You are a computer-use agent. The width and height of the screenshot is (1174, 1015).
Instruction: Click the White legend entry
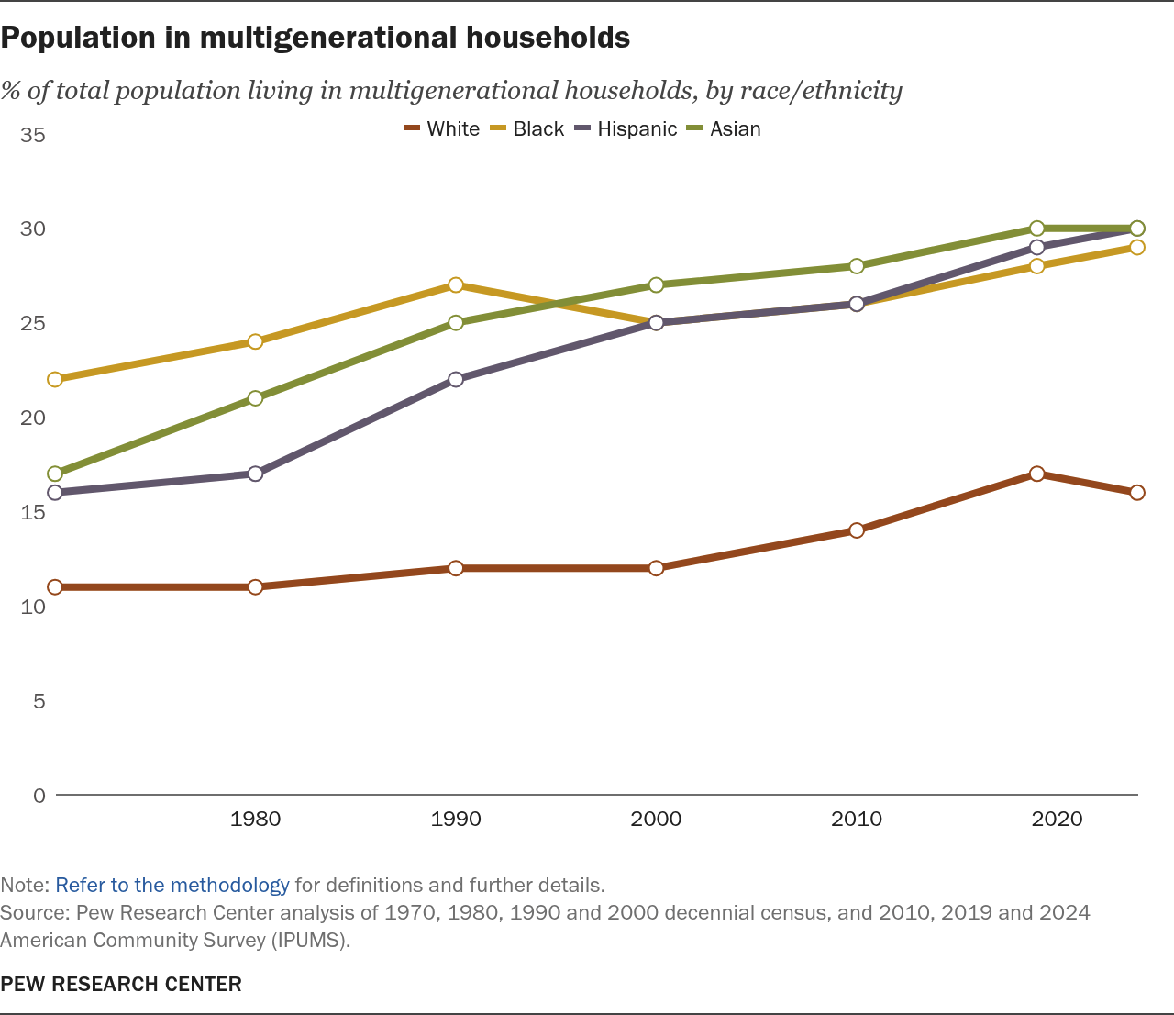(x=442, y=128)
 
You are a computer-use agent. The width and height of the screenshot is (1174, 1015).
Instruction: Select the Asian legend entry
(x=725, y=128)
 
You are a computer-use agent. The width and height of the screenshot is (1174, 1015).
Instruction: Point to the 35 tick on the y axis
(x=33, y=135)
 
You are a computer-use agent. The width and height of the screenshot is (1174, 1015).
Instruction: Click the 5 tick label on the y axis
(x=39, y=701)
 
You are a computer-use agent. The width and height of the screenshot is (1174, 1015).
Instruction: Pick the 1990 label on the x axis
(x=456, y=819)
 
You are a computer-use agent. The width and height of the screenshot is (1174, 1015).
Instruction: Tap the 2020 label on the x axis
(x=1057, y=819)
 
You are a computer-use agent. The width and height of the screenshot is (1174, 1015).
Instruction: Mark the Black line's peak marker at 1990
(x=456, y=285)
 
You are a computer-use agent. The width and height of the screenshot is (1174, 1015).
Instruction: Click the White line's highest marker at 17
(x=1036, y=474)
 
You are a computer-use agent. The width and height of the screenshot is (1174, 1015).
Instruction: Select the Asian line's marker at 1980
(x=256, y=398)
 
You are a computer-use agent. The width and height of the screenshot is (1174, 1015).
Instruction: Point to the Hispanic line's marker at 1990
(x=456, y=379)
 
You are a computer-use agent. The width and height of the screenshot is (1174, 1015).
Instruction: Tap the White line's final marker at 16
(x=1137, y=493)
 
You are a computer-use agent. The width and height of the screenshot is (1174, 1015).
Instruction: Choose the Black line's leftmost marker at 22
(x=55, y=379)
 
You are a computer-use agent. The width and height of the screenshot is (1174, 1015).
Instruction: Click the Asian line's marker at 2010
(x=857, y=266)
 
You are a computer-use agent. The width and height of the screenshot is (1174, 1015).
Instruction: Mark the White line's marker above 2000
(x=656, y=568)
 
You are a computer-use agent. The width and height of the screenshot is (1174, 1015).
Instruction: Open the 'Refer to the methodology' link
(x=172, y=886)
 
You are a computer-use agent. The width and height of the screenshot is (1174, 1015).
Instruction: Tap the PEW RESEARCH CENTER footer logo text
(x=121, y=984)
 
